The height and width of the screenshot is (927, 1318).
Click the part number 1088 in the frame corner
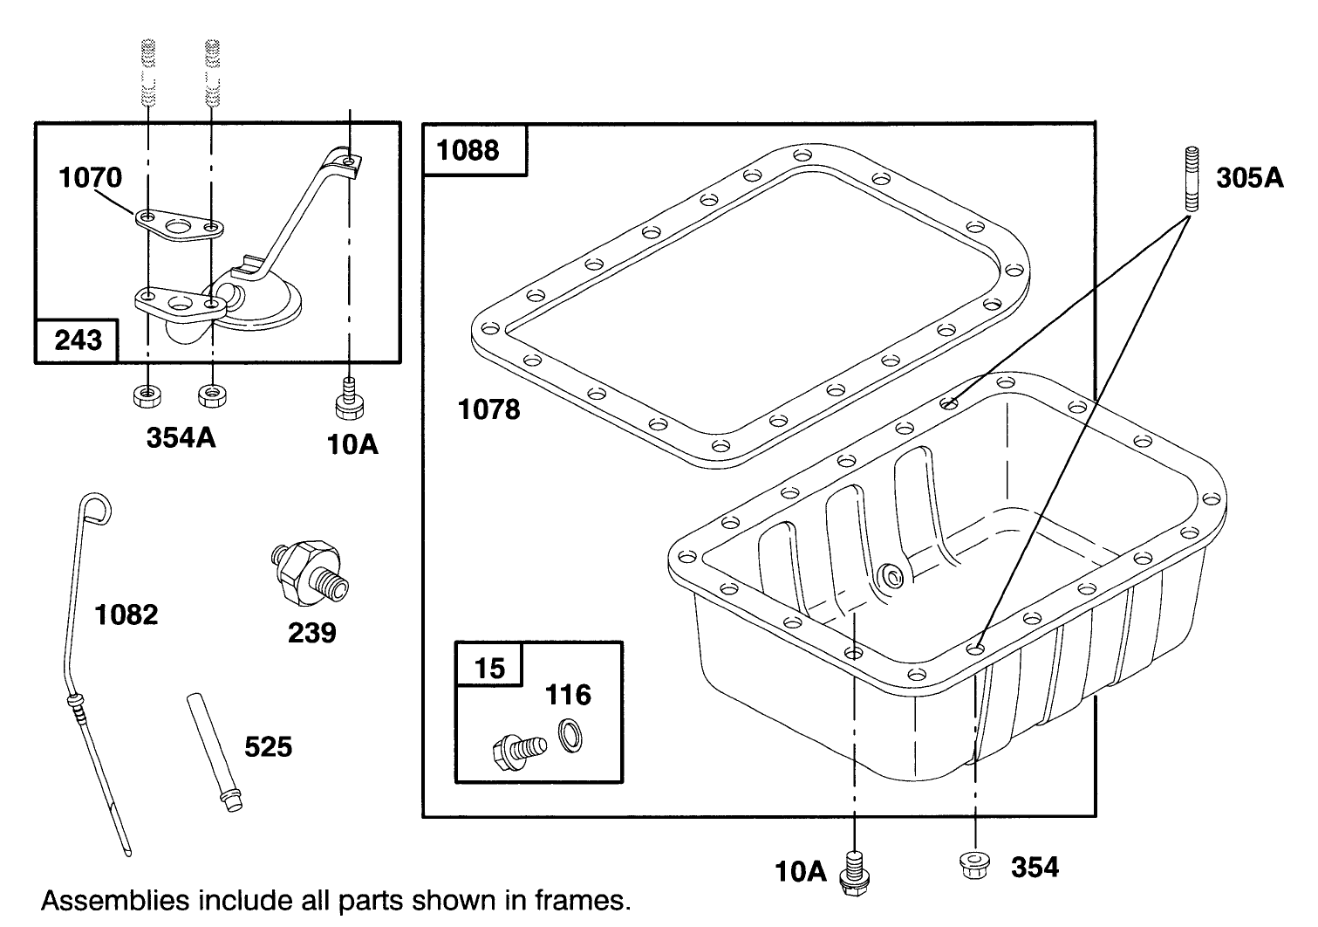point(468,150)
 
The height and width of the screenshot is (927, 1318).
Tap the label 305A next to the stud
point(1250,177)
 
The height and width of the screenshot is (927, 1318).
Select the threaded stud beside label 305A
point(1192,178)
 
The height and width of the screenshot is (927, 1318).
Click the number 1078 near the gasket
point(489,409)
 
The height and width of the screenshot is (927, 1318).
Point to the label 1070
point(90,177)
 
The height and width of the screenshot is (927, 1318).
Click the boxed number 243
point(78,340)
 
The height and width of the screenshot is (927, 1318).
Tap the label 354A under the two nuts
point(181,437)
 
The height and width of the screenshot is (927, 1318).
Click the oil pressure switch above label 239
point(309,571)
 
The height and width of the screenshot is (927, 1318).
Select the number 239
point(312,633)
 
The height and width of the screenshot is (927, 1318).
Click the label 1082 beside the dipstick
point(126,615)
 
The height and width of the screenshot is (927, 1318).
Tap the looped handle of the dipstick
point(95,509)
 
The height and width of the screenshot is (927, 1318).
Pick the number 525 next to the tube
point(269,747)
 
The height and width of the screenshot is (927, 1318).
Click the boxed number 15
point(489,669)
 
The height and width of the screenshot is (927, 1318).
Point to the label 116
point(568,695)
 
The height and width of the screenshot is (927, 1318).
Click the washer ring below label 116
point(570,736)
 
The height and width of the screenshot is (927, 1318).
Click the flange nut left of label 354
point(974,865)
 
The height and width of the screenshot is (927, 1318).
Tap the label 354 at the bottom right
point(1035,868)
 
